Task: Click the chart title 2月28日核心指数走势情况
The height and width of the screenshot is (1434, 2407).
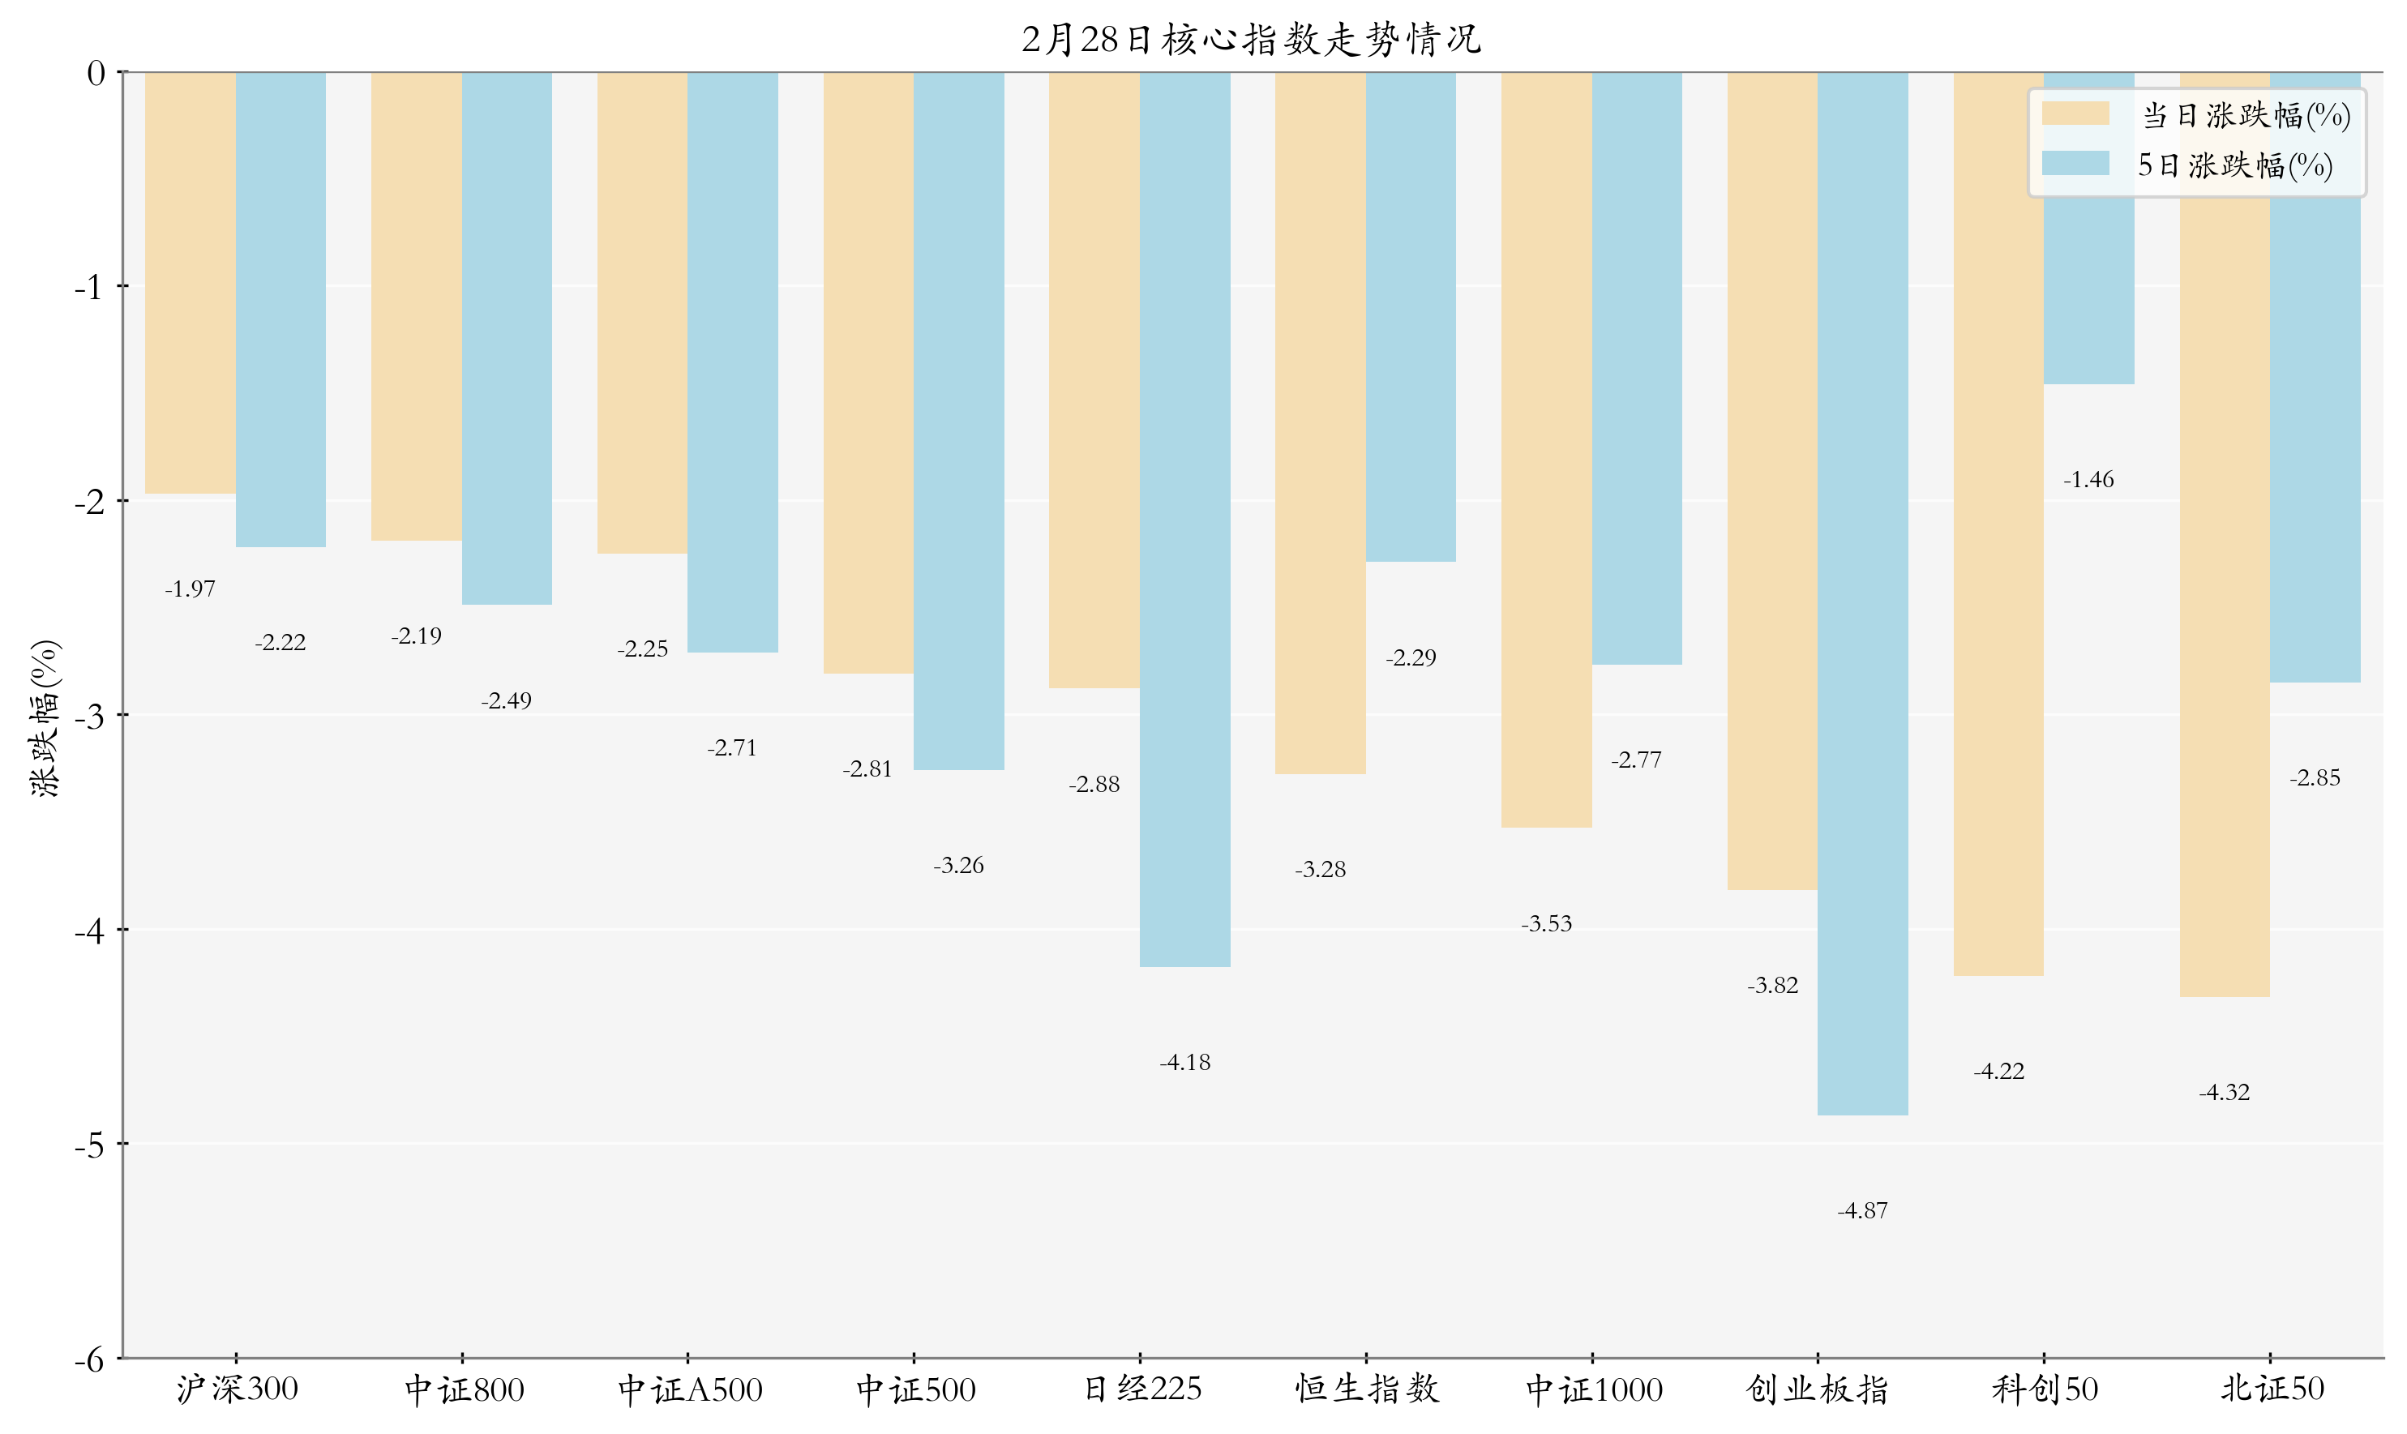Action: pos(1251,40)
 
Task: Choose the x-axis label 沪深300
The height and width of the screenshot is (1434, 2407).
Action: pos(237,1390)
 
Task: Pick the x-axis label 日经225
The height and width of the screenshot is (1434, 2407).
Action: pos(1141,1390)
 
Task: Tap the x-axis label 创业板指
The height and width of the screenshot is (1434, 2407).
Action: pos(1818,1390)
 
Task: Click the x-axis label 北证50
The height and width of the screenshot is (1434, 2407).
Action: pos(2272,1390)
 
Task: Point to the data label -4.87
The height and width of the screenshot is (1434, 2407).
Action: pos(1862,1211)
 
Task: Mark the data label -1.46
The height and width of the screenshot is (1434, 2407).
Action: pos(2088,480)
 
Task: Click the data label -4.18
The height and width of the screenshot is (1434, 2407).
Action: pos(1184,1063)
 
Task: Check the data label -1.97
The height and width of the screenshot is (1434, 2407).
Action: pos(191,589)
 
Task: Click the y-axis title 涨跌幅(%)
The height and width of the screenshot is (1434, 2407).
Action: pos(45,717)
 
